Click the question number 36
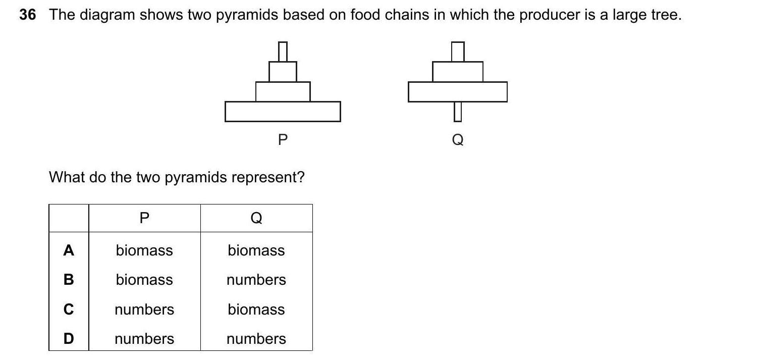[28, 15]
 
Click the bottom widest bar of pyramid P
[283, 112]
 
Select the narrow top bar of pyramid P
[283, 52]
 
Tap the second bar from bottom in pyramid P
[283, 91]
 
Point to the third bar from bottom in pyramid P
[283, 71]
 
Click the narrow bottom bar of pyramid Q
[458, 112]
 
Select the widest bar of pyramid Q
[458, 91]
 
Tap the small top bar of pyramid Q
[458, 52]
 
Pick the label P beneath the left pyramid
[283, 139]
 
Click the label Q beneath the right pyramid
[458, 139]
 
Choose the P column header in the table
[144, 218]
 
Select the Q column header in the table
[256, 218]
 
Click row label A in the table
[69, 250]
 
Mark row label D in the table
[69, 339]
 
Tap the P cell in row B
[144, 280]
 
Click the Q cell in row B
[256, 280]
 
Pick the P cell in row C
[144, 310]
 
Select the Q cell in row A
[256, 250]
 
